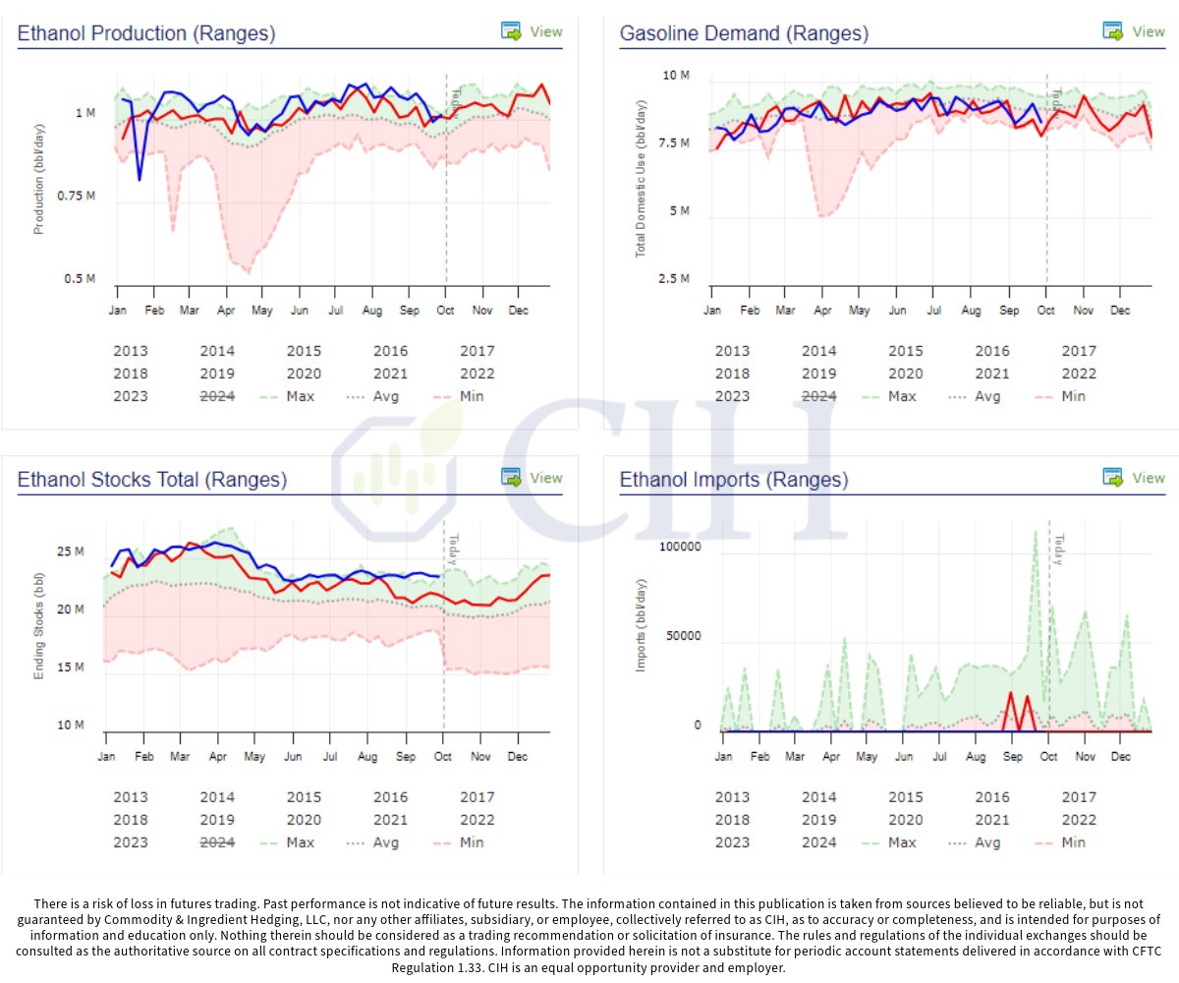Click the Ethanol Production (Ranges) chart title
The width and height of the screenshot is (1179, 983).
click(x=146, y=33)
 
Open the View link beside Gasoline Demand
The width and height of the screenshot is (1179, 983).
click(x=1148, y=31)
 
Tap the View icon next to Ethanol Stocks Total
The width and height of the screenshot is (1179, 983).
click(x=512, y=478)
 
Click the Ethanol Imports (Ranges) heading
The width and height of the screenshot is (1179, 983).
click(x=733, y=480)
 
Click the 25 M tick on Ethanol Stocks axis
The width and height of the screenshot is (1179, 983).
click(x=70, y=552)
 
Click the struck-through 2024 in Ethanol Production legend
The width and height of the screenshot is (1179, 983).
click(x=217, y=396)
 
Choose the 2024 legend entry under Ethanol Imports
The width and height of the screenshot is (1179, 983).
click(x=819, y=842)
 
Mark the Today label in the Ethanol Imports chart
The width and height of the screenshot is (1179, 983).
click(x=1058, y=549)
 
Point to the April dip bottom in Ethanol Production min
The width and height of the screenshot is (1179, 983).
click(x=247, y=271)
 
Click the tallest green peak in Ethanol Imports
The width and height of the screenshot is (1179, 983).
click(x=1035, y=533)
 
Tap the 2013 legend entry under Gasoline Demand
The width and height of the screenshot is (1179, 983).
click(x=732, y=351)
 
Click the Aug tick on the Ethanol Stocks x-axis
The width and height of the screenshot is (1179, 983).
click(x=366, y=757)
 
